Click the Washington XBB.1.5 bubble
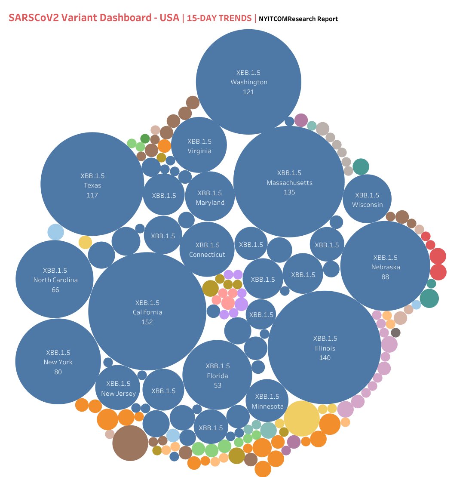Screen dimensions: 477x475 (248, 82)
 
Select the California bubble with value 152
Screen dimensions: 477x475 (147, 311)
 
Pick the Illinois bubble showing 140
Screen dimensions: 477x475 (325, 348)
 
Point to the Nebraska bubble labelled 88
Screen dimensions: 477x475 (385, 267)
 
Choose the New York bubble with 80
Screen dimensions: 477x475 (58, 361)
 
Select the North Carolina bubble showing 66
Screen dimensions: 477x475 (55, 279)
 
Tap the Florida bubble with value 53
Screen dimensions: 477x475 (217, 375)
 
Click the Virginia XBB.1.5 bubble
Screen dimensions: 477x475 (199, 145)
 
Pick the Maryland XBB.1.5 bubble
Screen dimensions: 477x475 (210, 197)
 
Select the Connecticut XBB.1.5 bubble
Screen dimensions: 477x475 (207, 249)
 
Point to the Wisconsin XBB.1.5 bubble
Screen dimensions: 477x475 (367, 199)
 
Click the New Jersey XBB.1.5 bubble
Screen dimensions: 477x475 (118, 388)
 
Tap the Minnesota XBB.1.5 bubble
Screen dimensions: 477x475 (267, 401)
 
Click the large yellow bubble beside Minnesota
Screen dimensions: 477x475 (302, 419)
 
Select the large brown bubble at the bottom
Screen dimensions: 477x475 (130, 443)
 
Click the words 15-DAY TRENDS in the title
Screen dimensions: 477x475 (219, 18)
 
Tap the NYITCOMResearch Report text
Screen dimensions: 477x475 (298, 19)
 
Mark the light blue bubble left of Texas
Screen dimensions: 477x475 (55, 232)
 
